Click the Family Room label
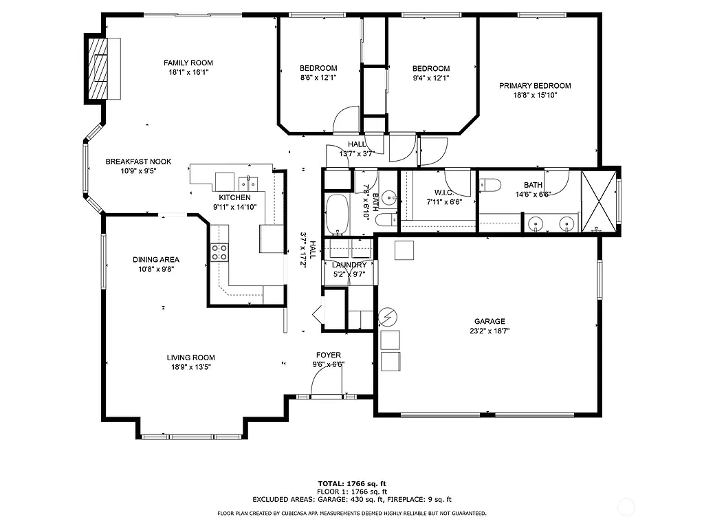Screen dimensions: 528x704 183,63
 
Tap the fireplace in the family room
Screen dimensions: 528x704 97,69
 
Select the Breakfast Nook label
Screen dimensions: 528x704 138,162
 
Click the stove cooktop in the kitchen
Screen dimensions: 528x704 219,252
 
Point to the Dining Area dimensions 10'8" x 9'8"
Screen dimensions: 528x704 156,269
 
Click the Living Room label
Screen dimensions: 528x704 190,357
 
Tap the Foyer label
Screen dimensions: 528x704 328,355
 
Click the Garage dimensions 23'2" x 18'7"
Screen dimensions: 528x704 489,331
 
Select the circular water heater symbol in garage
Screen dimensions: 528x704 388,316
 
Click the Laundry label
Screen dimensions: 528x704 349,265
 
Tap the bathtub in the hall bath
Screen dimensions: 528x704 337,214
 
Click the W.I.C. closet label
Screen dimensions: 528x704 444,192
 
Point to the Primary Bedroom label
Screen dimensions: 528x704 535,86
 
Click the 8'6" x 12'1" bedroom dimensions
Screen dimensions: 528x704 318,78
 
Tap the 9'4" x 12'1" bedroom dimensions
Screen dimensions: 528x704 430,78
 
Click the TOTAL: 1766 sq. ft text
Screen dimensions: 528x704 352,483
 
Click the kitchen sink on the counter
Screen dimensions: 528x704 249,183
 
